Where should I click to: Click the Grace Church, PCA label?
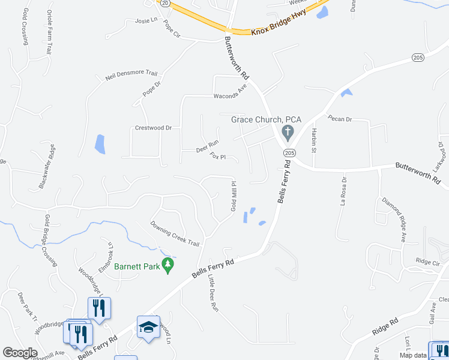tap(266, 119)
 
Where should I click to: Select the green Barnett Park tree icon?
tap(169, 265)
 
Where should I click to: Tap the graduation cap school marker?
tap(148, 328)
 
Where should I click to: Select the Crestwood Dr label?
tap(153, 128)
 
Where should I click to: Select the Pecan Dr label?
tap(340, 119)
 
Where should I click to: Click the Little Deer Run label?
tap(211, 293)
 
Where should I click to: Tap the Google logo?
tap(20, 353)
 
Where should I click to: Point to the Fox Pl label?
tap(217, 157)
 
